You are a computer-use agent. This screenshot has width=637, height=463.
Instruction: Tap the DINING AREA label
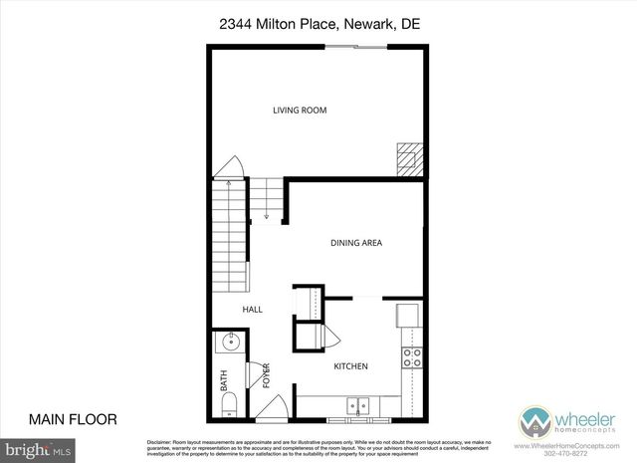tap(356, 242)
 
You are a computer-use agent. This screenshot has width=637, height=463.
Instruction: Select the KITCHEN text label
tap(350, 366)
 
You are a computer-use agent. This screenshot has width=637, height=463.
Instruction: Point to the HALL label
tap(252, 310)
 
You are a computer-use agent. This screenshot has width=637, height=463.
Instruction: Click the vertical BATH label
tap(223, 380)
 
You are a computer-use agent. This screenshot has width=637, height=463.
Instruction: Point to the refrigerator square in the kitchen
tap(408, 315)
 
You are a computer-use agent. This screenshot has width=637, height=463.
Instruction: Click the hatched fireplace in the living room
tap(408, 157)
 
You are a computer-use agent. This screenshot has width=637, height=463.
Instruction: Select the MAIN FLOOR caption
tap(73, 419)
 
